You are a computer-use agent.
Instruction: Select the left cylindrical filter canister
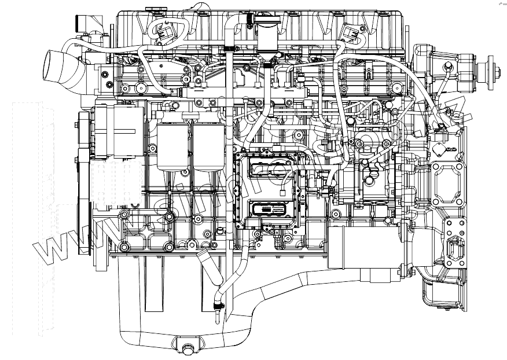(x=172, y=145)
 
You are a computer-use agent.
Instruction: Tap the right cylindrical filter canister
(x=209, y=145)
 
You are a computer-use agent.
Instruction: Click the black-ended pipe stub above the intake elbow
(x=79, y=23)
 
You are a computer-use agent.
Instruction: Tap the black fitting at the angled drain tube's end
(x=219, y=305)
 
